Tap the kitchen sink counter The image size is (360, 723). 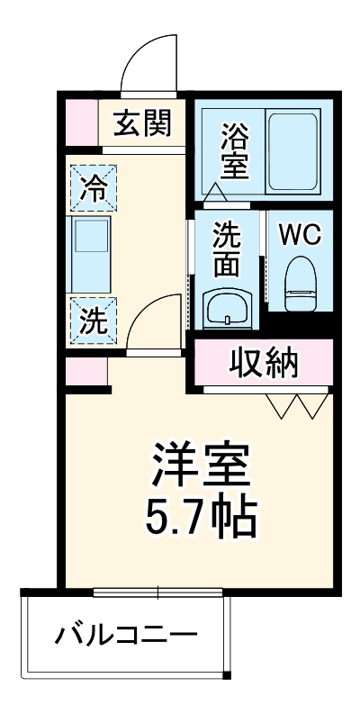(x=90, y=252)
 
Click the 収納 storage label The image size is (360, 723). (x=264, y=363)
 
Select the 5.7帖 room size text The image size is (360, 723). (x=200, y=515)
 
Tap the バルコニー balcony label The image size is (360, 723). (x=126, y=638)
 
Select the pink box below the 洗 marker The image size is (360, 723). (x=86, y=370)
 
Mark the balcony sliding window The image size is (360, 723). (x=158, y=592)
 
